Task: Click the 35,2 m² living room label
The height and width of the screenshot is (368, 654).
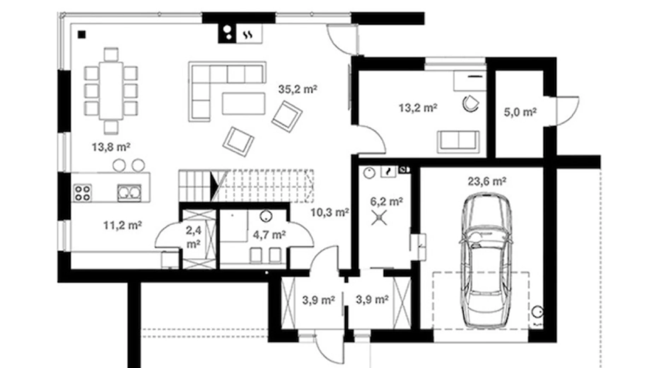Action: (x=297, y=89)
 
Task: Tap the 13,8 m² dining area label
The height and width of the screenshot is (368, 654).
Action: (x=111, y=146)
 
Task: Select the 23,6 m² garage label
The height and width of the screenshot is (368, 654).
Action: (x=487, y=181)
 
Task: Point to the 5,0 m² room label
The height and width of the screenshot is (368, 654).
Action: (x=520, y=112)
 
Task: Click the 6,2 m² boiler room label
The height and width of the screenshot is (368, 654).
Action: (x=386, y=202)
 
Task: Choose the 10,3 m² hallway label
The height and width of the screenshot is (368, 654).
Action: (x=330, y=212)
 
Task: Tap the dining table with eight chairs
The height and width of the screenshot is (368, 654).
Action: (x=111, y=91)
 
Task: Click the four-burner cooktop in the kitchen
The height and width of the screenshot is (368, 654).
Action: (x=82, y=193)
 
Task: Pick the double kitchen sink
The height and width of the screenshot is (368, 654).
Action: (x=129, y=193)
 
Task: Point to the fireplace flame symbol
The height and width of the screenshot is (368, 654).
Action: (x=249, y=35)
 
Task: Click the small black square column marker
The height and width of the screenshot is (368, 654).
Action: (x=82, y=34)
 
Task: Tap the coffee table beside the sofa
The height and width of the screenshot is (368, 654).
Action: (x=244, y=103)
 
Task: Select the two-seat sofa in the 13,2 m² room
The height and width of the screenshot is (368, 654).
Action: (x=459, y=142)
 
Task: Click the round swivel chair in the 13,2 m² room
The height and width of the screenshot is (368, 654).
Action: (x=471, y=104)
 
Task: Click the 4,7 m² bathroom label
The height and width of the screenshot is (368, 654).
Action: (x=269, y=234)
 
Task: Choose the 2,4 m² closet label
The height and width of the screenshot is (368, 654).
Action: (x=193, y=237)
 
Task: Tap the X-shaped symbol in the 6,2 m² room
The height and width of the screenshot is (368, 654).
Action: (x=379, y=218)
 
